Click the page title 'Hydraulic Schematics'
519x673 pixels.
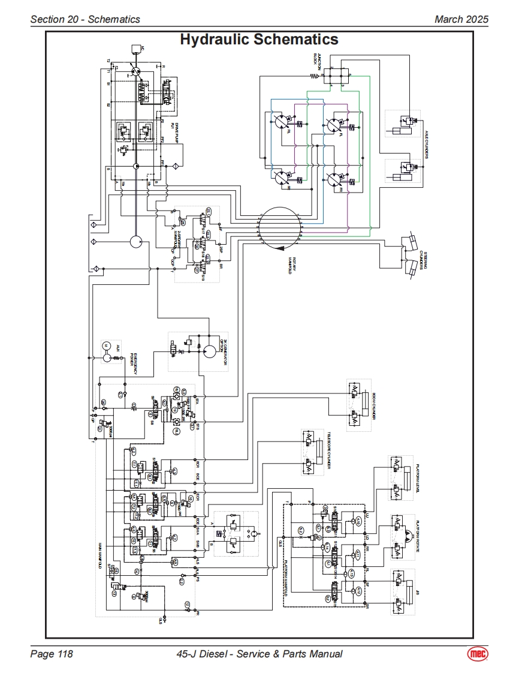(259, 40)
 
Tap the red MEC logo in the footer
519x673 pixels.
(477, 654)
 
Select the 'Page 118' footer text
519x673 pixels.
(52, 654)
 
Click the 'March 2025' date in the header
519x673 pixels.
(461, 19)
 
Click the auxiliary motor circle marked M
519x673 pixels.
(105, 346)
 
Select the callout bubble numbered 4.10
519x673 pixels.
(359, 520)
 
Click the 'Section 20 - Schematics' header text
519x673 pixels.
(85, 19)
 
